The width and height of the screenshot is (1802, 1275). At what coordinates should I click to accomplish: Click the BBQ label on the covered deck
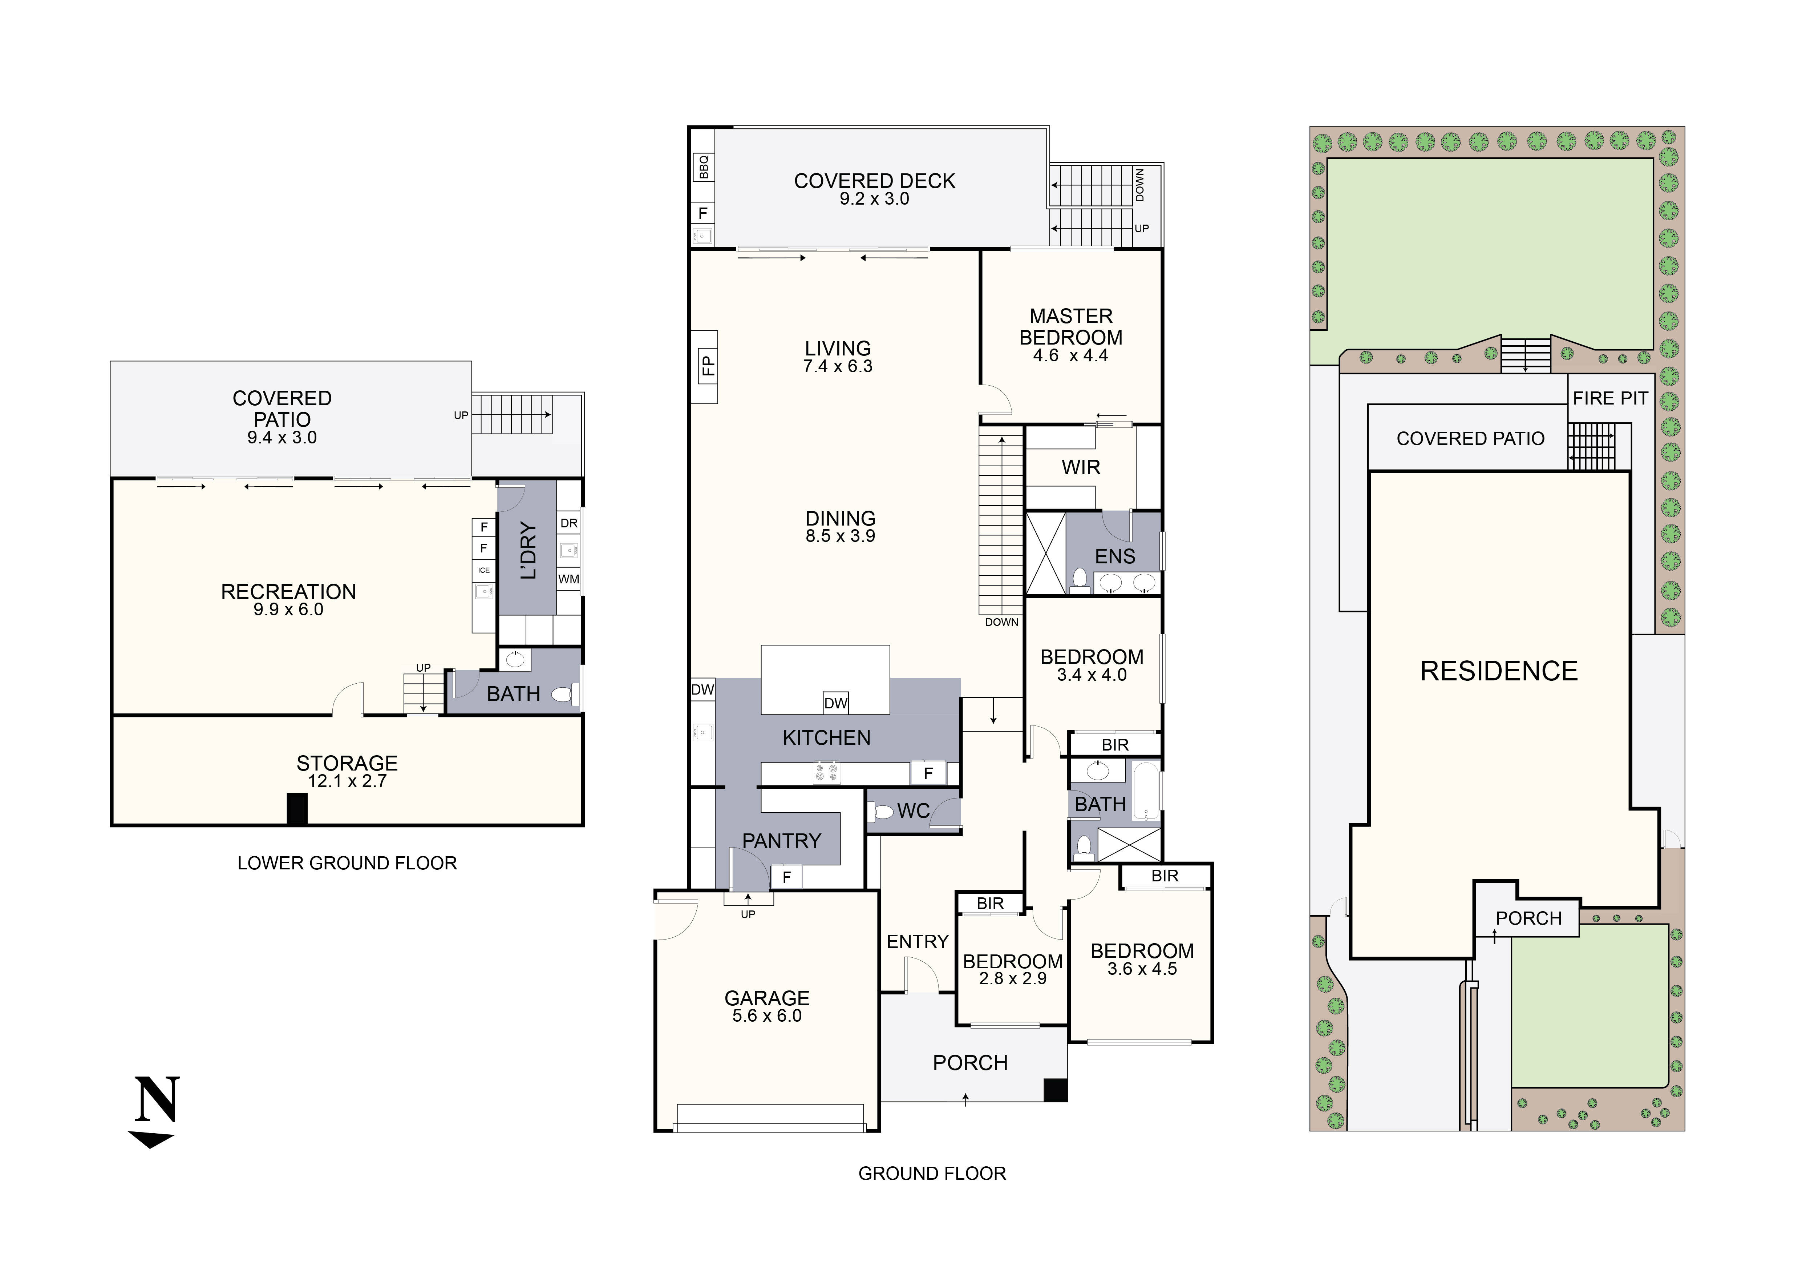pyautogui.click(x=703, y=166)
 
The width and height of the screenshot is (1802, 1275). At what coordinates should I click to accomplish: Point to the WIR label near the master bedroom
pyautogui.click(x=1081, y=468)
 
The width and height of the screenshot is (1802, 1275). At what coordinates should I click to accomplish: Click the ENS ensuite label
pyautogui.click(x=1114, y=557)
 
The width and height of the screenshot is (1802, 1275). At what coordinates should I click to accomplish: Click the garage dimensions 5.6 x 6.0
pyautogui.click(x=767, y=1016)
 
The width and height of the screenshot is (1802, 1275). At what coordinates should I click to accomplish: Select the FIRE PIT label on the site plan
pyautogui.click(x=1610, y=399)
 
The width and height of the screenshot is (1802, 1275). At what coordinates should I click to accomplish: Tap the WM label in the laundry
pyautogui.click(x=568, y=579)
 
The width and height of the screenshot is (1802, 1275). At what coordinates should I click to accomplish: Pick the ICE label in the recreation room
pyautogui.click(x=483, y=570)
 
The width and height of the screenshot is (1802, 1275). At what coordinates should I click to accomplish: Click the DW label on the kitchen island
pyautogui.click(x=836, y=703)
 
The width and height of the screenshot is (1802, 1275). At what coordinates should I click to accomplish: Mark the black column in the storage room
pyautogui.click(x=297, y=809)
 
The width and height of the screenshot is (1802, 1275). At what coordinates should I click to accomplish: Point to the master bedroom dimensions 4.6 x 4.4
pyautogui.click(x=1070, y=356)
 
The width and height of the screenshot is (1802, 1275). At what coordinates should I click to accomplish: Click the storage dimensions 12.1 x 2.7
pyautogui.click(x=347, y=781)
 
